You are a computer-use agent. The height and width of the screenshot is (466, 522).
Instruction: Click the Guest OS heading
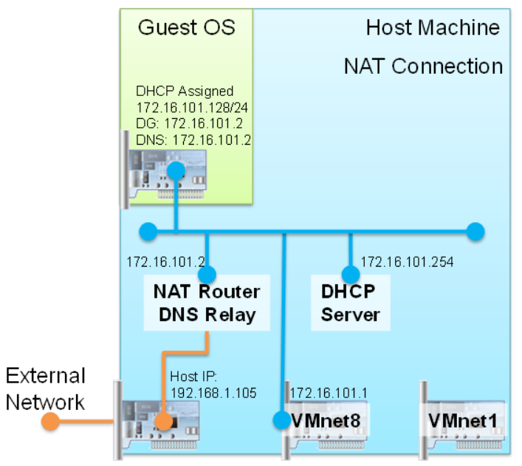186,28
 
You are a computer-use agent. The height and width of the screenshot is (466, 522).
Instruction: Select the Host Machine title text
433,29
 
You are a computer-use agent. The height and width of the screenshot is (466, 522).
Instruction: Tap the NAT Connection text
423,66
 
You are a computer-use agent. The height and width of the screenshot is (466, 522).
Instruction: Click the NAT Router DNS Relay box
206,303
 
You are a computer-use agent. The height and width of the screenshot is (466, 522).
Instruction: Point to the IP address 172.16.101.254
407,261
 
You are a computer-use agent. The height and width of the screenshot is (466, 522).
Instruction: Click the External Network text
46,388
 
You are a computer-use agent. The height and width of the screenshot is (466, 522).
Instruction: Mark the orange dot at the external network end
50,422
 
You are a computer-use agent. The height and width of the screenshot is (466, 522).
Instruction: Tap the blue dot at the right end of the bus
475,232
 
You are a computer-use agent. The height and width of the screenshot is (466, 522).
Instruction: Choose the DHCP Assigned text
185,92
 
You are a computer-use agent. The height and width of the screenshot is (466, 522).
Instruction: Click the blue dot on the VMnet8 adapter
282,420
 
